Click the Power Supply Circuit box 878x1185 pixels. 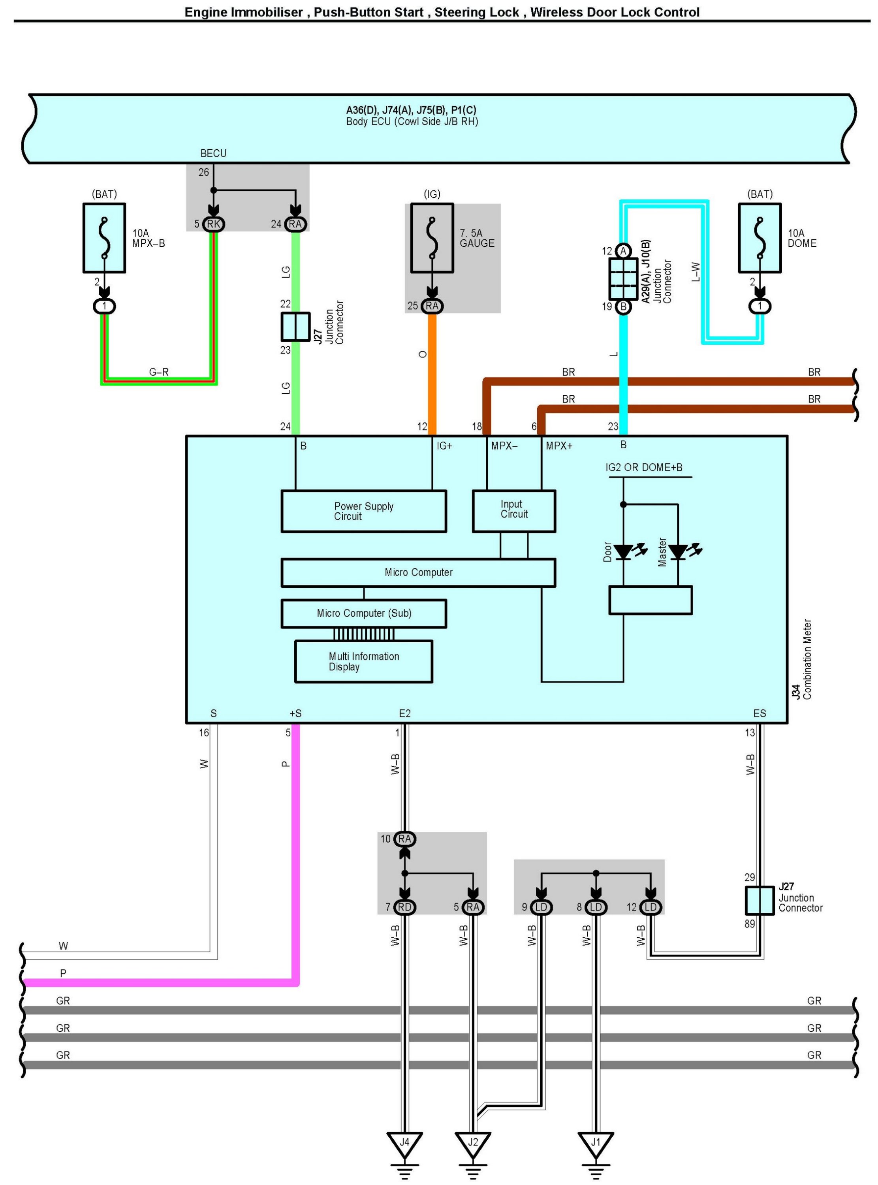click(363, 511)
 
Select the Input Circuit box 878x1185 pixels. click(513, 511)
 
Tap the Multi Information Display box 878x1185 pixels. click(363, 661)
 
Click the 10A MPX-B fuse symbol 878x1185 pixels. click(104, 238)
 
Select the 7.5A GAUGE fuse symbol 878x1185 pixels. click(432, 238)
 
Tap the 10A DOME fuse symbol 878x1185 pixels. click(760, 238)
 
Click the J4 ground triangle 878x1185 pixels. click(404, 1142)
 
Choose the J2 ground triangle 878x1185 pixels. click(472, 1142)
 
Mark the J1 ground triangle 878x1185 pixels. click(596, 1142)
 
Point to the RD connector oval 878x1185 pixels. click(404, 907)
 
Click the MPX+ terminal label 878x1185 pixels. click(559, 446)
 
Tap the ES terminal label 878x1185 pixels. click(760, 713)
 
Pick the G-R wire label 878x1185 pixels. click(158, 372)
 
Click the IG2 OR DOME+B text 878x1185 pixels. click(644, 467)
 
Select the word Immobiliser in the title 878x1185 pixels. click(267, 12)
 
